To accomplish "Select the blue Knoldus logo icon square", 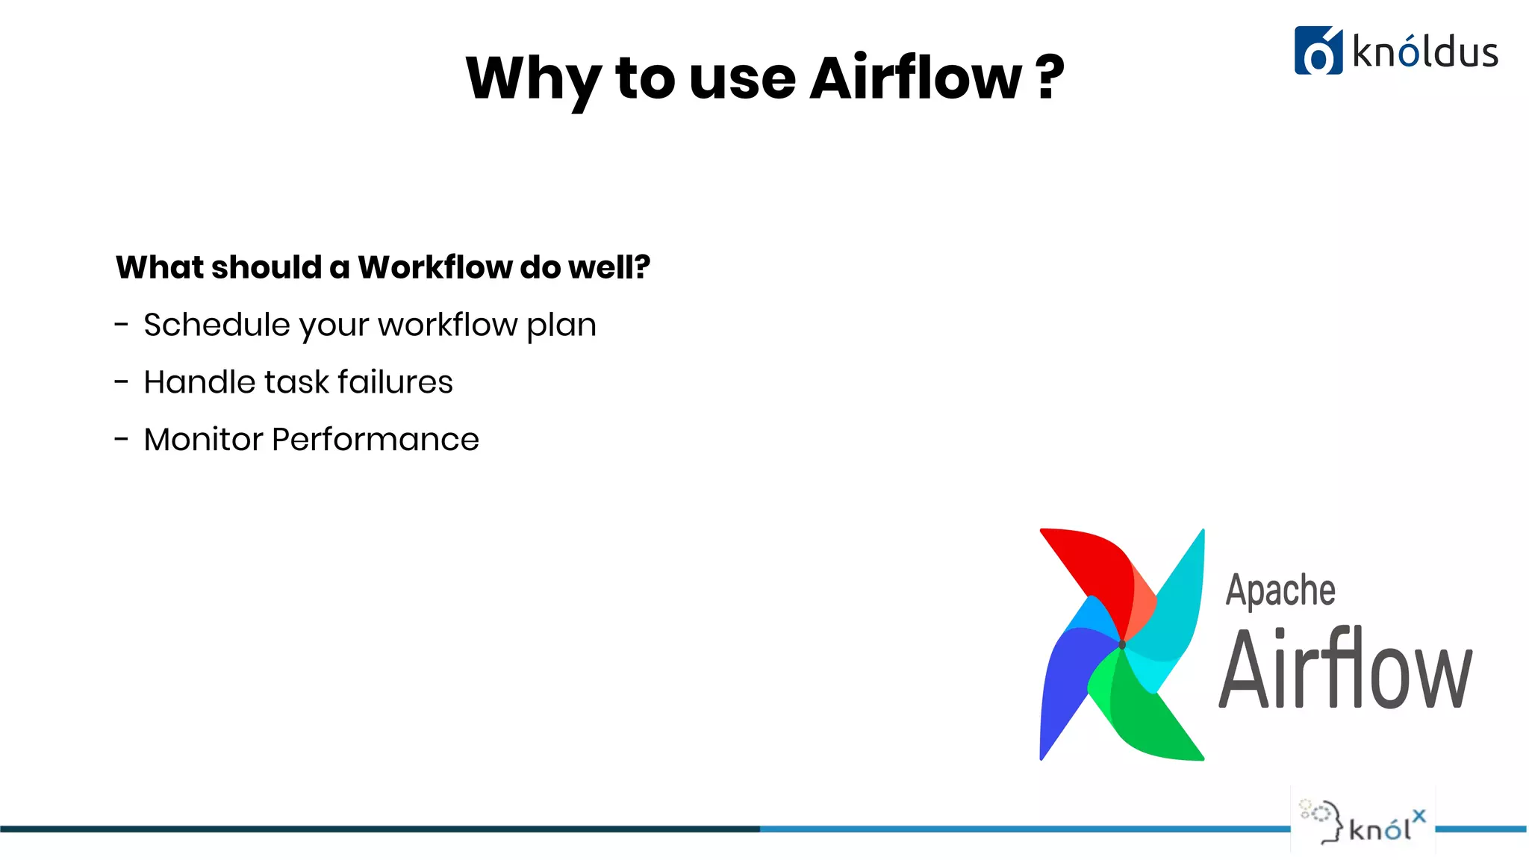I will pyautogui.click(x=1318, y=51).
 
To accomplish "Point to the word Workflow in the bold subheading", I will pyautogui.click(x=436, y=267).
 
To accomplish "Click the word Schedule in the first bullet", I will pyautogui.click(x=217, y=325).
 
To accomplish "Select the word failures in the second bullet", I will pyautogui.click(x=395, y=382).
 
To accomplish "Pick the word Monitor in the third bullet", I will pyautogui.click(x=203, y=440).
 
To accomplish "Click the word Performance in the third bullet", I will pyautogui.click(x=375, y=440).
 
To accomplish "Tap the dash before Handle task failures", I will pyautogui.click(x=122, y=382).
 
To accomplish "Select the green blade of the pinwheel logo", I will pyautogui.click(x=1150, y=717).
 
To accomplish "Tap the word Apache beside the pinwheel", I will pyautogui.click(x=1280, y=591).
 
